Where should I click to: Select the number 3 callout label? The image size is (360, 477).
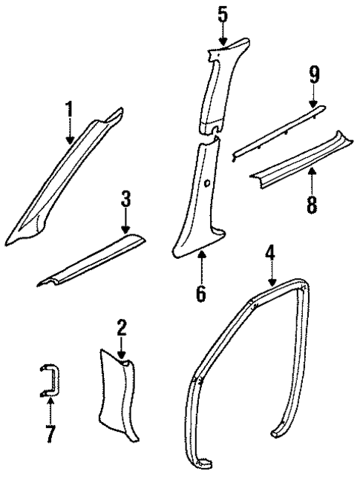[125, 198]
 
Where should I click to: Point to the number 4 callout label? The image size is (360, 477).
[271, 254]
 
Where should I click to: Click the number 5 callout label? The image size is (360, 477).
[223, 13]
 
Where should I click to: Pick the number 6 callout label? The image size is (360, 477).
[200, 292]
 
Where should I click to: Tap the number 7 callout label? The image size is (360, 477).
[50, 433]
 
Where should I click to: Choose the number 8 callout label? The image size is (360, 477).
[312, 203]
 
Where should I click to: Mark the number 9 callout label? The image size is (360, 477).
[313, 74]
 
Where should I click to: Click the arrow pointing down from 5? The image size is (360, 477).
[223, 33]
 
